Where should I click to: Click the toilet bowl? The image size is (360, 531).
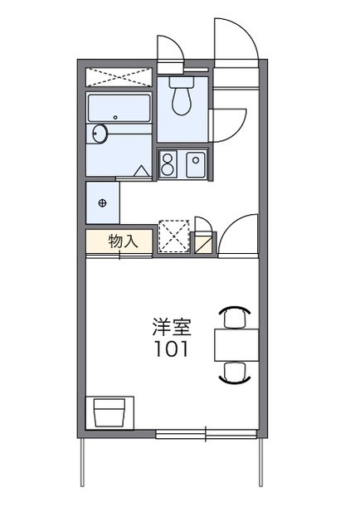182,101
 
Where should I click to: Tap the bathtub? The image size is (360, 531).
118,107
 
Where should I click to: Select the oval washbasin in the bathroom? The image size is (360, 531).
100,134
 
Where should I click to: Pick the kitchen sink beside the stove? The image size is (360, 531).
196,163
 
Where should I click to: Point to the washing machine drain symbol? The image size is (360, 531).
103,202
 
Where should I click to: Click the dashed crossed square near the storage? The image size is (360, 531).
174,236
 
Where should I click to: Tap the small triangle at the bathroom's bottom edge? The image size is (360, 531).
143,172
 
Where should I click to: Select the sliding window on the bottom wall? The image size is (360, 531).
205,433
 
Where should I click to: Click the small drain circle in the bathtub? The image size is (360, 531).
115,117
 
